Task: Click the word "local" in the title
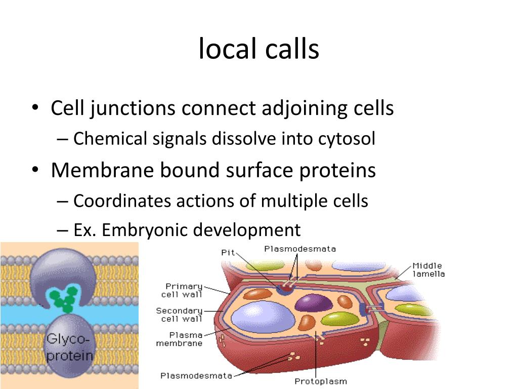click(x=227, y=49)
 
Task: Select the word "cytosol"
click(x=347, y=138)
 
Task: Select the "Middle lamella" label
click(x=428, y=269)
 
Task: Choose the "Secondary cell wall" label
click(x=180, y=314)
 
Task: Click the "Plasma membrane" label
click(x=179, y=338)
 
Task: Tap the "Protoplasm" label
click(x=321, y=381)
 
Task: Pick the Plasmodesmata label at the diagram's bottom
click(x=196, y=375)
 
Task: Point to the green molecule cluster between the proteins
click(x=65, y=298)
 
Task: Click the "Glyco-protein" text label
click(x=70, y=346)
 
